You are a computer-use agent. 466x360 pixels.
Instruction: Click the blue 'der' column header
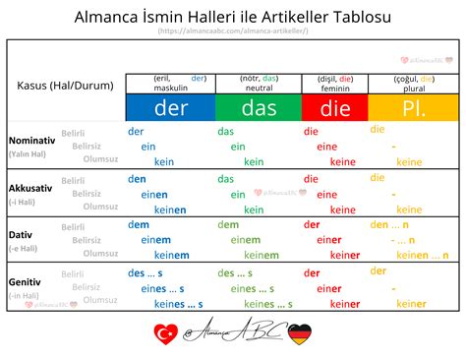click(170, 107)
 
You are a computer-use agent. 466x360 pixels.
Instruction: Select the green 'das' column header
click(259, 107)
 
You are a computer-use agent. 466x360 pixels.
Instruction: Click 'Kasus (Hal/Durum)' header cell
click(66, 86)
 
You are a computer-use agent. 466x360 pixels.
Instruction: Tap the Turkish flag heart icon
click(164, 334)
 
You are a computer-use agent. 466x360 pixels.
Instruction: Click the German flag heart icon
click(298, 334)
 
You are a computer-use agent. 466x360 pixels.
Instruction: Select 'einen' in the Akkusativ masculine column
click(155, 195)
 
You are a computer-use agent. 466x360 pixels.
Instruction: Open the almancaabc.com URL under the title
click(232, 31)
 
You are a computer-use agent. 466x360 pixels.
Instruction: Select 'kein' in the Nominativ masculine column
click(163, 161)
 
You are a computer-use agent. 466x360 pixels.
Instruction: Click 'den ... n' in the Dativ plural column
click(392, 225)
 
